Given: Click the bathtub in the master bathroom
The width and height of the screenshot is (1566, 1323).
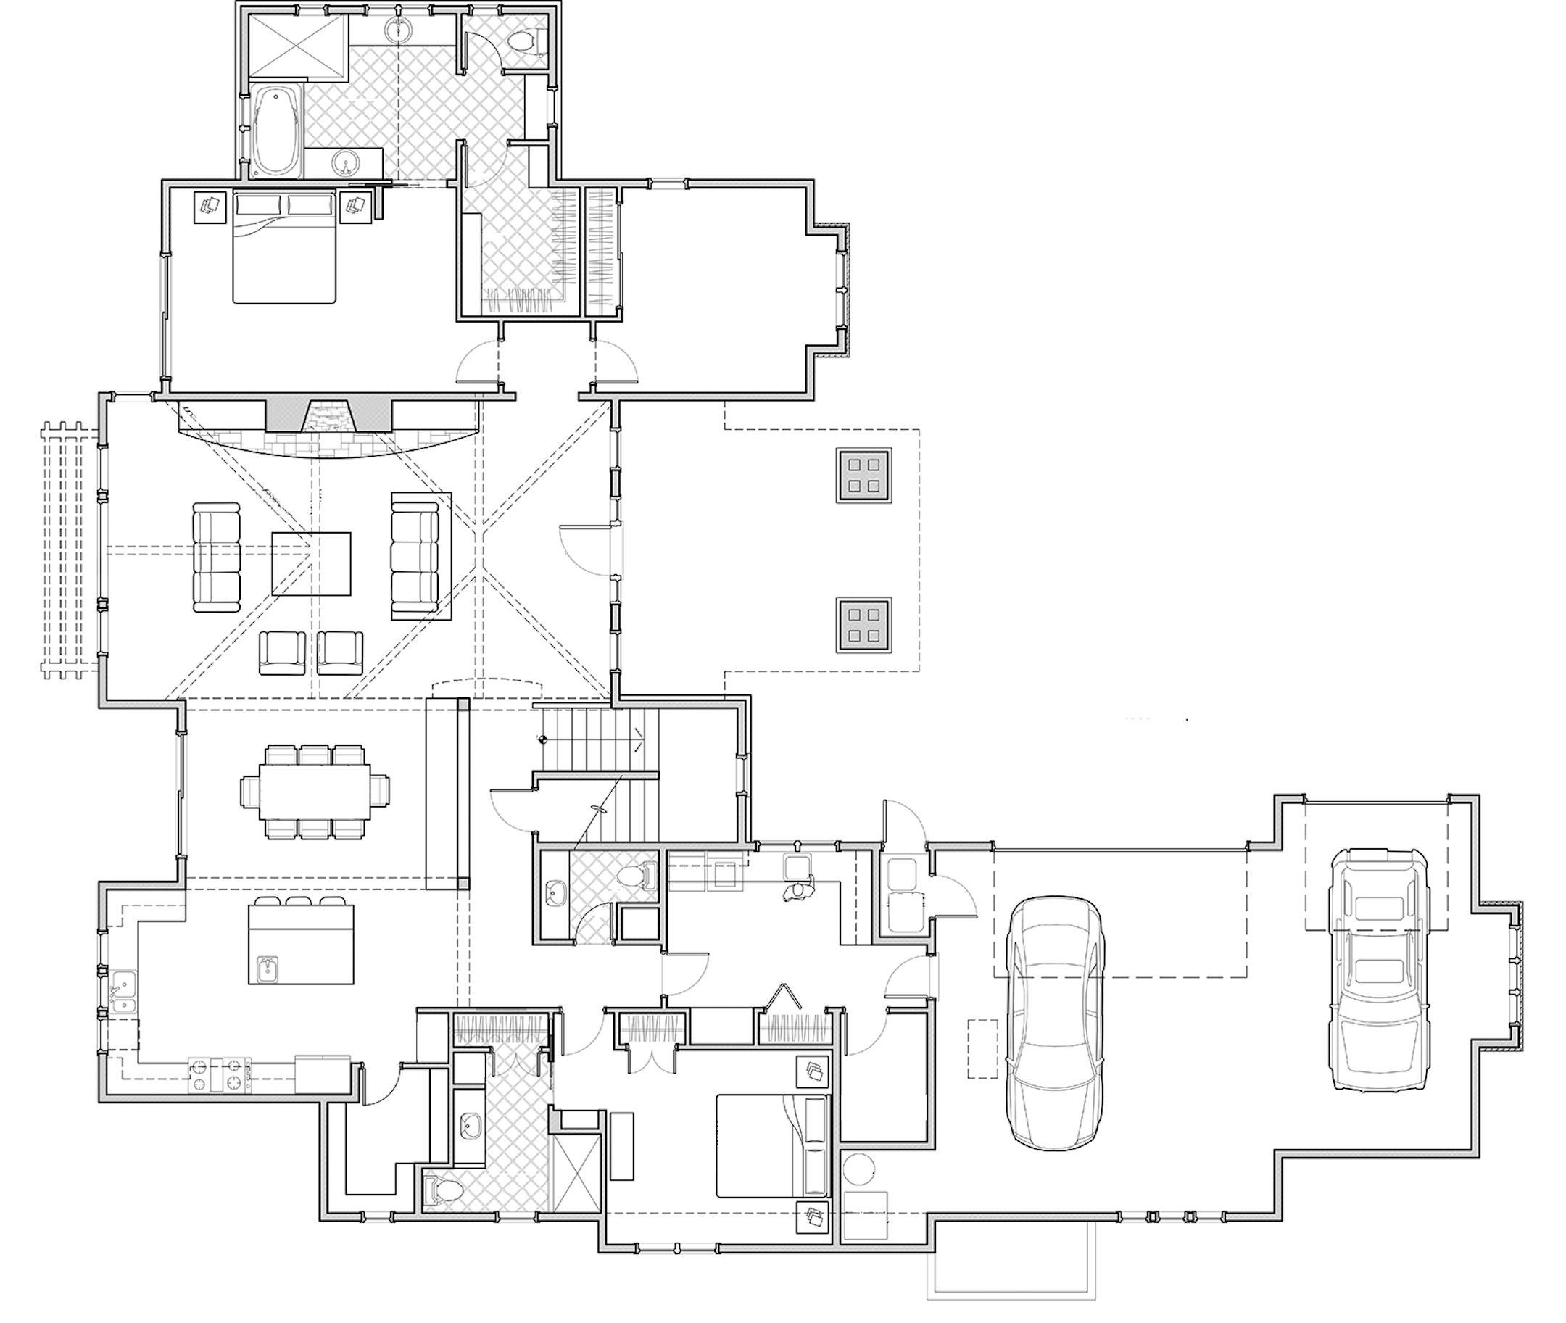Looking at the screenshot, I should pyautogui.click(x=275, y=131).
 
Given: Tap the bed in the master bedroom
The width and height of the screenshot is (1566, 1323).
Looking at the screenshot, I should pyautogui.click(x=283, y=247).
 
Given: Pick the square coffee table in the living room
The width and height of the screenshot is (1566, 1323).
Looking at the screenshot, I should pyautogui.click(x=311, y=564).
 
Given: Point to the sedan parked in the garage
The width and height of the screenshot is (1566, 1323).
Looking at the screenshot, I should pyautogui.click(x=1056, y=1024).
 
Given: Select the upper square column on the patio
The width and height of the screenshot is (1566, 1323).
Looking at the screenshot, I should pyautogui.click(x=863, y=476).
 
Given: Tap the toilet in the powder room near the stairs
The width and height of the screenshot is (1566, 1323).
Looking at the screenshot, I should pyautogui.click(x=637, y=874).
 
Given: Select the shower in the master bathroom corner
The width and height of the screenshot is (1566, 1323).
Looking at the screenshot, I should pyautogui.click(x=298, y=46).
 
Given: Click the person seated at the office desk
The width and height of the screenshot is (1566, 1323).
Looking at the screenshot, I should pyautogui.click(x=797, y=891).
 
